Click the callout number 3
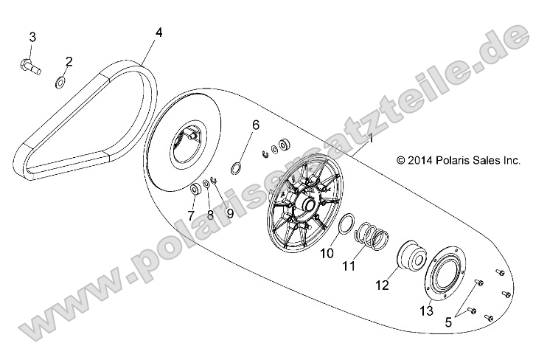(32, 37)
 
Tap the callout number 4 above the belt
(158, 32)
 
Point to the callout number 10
(327, 253)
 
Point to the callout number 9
(230, 214)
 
